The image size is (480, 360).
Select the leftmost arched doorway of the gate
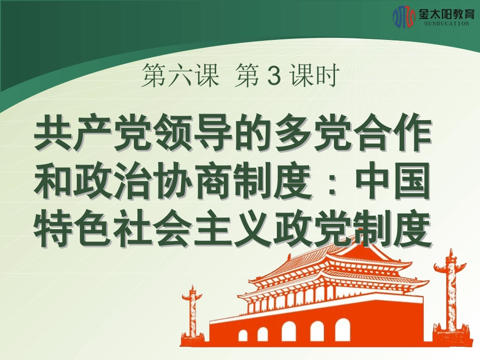click(243, 335)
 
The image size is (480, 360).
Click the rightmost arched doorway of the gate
click(343, 330)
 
